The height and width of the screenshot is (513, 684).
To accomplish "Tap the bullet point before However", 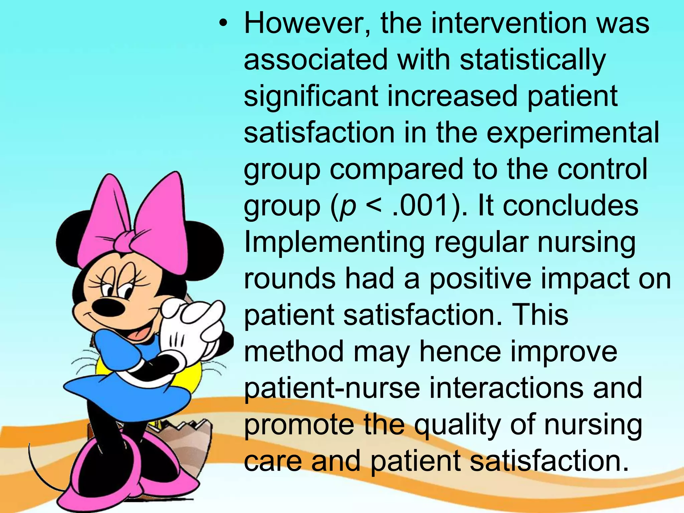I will click(x=223, y=24).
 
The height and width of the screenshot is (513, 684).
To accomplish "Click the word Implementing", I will click(x=334, y=243).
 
